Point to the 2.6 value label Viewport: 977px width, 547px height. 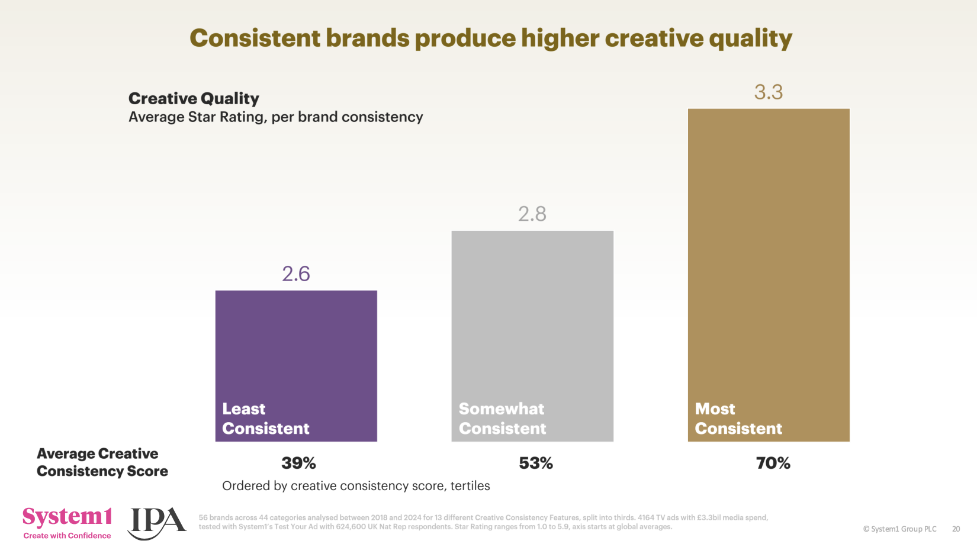[x=296, y=274]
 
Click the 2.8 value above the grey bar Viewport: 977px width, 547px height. [x=532, y=214]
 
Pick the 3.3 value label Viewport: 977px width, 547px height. [x=769, y=92]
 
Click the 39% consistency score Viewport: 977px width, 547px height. [x=298, y=463]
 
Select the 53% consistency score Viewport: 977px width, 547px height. [x=536, y=463]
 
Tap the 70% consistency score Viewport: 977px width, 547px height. [x=773, y=463]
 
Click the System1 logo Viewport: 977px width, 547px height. [x=67, y=517]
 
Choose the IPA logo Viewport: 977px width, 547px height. [x=156, y=522]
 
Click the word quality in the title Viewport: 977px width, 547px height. [x=750, y=38]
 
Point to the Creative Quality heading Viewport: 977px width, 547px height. [x=194, y=98]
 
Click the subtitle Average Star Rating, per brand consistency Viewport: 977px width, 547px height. [x=275, y=117]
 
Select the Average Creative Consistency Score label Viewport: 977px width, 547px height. [x=102, y=462]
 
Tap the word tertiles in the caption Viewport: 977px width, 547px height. [x=470, y=486]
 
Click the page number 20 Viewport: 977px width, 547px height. [x=956, y=529]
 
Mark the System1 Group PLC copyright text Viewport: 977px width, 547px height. [x=899, y=529]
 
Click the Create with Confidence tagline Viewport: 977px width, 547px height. [x=67, y=536]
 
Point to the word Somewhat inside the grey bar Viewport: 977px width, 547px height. [x=501, y=409]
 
